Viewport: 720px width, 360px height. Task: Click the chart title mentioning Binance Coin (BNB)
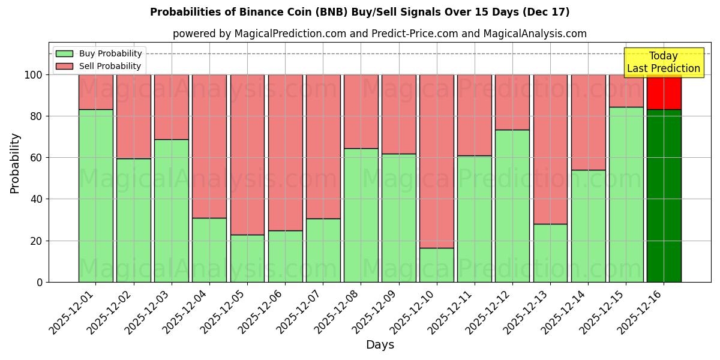click(x=359, y=12)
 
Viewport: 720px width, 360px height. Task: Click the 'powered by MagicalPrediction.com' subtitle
click(x=379, y=34)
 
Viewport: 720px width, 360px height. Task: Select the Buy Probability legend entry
click(x=99, y=53)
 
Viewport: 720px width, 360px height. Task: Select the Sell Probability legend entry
click(x=99, y=66)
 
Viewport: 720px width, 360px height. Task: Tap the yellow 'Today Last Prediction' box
click(x=663, y=62)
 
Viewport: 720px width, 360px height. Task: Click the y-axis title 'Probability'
click(x=15, y=163)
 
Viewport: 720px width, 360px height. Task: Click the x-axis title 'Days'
click(x=380, y=345)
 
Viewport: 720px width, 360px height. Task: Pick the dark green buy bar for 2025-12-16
click(x=664, y=196)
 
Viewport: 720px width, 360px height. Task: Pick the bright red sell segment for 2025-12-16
click(x=664, y=92)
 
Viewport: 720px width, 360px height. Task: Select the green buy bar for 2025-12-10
click(x=436, y=265)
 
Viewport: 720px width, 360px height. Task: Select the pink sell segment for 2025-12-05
click(x=247, y=154)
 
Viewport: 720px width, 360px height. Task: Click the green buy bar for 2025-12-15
click(x=626, y=194)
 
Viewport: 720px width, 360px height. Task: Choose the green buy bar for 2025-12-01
click(x=95, y=196)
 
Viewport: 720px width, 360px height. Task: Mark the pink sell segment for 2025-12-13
click(x=550, y=149)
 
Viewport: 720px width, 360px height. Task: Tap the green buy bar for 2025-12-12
click(x=512, y=206)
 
